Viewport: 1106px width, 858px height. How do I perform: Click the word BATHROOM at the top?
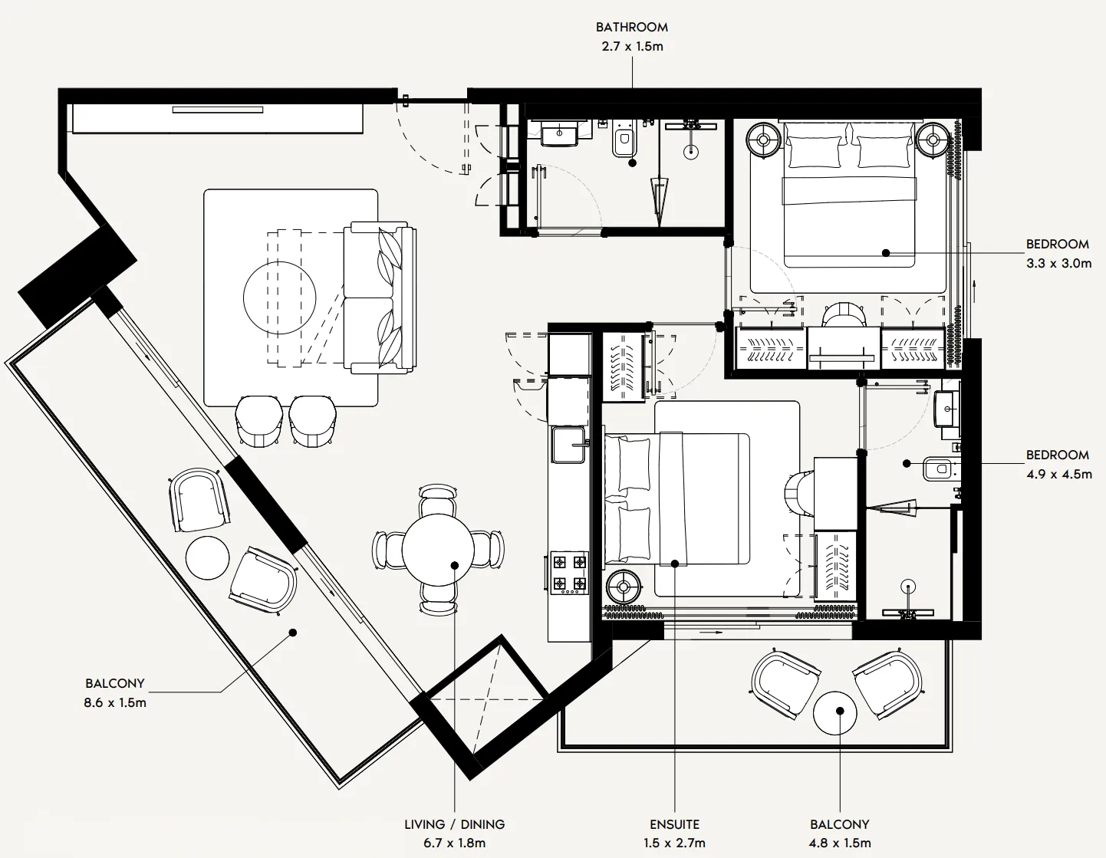pos(631,27)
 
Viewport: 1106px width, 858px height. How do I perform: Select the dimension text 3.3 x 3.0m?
pos(1058,263)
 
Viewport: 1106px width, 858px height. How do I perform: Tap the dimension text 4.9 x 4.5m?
pos(1058,474)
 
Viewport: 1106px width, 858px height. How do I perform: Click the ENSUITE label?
pos(674,824)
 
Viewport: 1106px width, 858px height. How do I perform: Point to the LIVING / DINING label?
pos(454,824)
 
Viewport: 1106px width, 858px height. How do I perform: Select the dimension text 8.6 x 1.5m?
pos(115,702)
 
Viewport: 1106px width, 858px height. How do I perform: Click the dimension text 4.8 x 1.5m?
pos(840,843)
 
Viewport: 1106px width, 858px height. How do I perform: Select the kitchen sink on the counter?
pos(568,445)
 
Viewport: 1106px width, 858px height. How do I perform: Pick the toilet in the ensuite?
pos(938,468)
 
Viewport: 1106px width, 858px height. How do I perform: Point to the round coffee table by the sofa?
pos(279,298)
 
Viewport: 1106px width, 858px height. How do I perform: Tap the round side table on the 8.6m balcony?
pos(207,557)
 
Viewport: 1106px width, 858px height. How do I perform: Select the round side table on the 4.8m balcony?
pos(835,712)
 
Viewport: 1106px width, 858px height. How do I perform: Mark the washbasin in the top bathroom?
pos(559,133)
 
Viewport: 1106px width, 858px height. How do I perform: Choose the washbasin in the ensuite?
pos(946,409)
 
